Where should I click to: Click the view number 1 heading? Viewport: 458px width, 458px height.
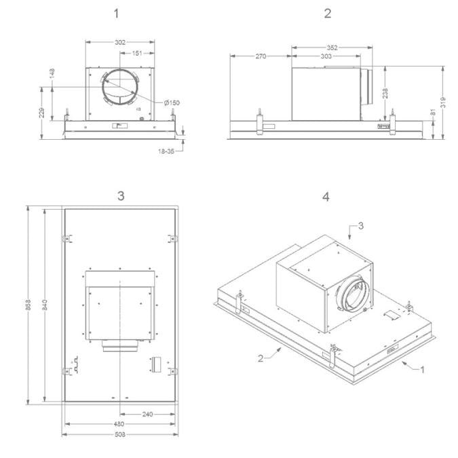pyautogui.click(x=116, y=14)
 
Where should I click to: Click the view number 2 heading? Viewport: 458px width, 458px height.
pyautogui.click(x=328, y=14)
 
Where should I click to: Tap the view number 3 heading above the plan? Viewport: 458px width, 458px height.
pyautogui.click(x=121, y=195)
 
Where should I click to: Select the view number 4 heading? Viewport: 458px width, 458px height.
pyautogui.click(x=326, y=197)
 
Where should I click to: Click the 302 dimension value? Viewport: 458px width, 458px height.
pyautogui.click(x=120, y=42)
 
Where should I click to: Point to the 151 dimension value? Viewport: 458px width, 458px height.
pyautogui.click(x=137, y=53)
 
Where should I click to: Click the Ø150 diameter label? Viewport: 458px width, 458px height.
pyautogui.click(x=172, y=103)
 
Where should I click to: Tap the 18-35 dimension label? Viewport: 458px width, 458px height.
pyautogui.click(x=166, y=151)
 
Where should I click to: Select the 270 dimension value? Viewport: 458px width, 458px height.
pyautogui.click(x=261, y=56)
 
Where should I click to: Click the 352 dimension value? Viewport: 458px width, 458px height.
pyautogui.click(x=332, y=47)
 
